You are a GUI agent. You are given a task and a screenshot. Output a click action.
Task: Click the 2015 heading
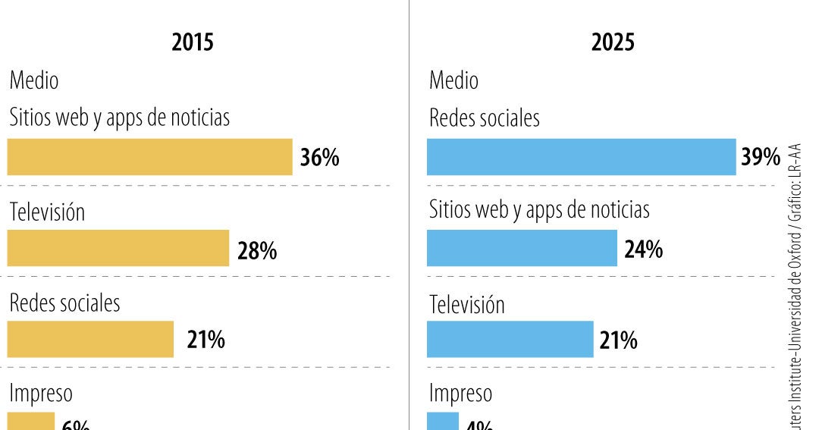(193, 42)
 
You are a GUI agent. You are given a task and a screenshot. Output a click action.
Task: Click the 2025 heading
(613, 42)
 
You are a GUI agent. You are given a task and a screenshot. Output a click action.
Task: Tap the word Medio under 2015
(33, 80)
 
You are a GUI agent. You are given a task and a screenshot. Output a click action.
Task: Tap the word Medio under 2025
(453, 80)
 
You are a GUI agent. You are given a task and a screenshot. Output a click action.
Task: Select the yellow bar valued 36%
(149, 157)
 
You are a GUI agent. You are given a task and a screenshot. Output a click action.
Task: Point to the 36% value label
(319, 158)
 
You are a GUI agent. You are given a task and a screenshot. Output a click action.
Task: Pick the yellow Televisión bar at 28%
(118, 249)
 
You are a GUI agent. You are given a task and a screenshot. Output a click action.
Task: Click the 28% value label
(257, 251)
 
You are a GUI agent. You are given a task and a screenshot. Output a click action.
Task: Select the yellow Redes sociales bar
(90, 339)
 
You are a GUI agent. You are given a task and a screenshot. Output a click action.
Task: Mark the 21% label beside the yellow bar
(206, 341)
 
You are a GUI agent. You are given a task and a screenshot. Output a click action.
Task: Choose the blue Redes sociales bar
(581, 157)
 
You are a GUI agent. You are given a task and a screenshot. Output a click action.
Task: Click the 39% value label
(761, 158)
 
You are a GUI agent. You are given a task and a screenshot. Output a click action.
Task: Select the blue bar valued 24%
(522, 249)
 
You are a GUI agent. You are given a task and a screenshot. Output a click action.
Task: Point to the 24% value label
(643, 250)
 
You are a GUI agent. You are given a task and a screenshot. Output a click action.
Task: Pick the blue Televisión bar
(510, 339)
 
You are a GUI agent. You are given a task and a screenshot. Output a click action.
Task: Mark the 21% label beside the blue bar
(618, 341)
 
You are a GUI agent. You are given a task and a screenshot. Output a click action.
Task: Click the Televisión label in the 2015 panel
(47, 212)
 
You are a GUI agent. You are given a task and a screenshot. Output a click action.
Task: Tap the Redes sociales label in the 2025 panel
(484, 118)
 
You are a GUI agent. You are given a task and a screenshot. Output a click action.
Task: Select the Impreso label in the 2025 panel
(460, 394)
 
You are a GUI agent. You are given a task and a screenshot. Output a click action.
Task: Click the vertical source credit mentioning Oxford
(795, 288)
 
